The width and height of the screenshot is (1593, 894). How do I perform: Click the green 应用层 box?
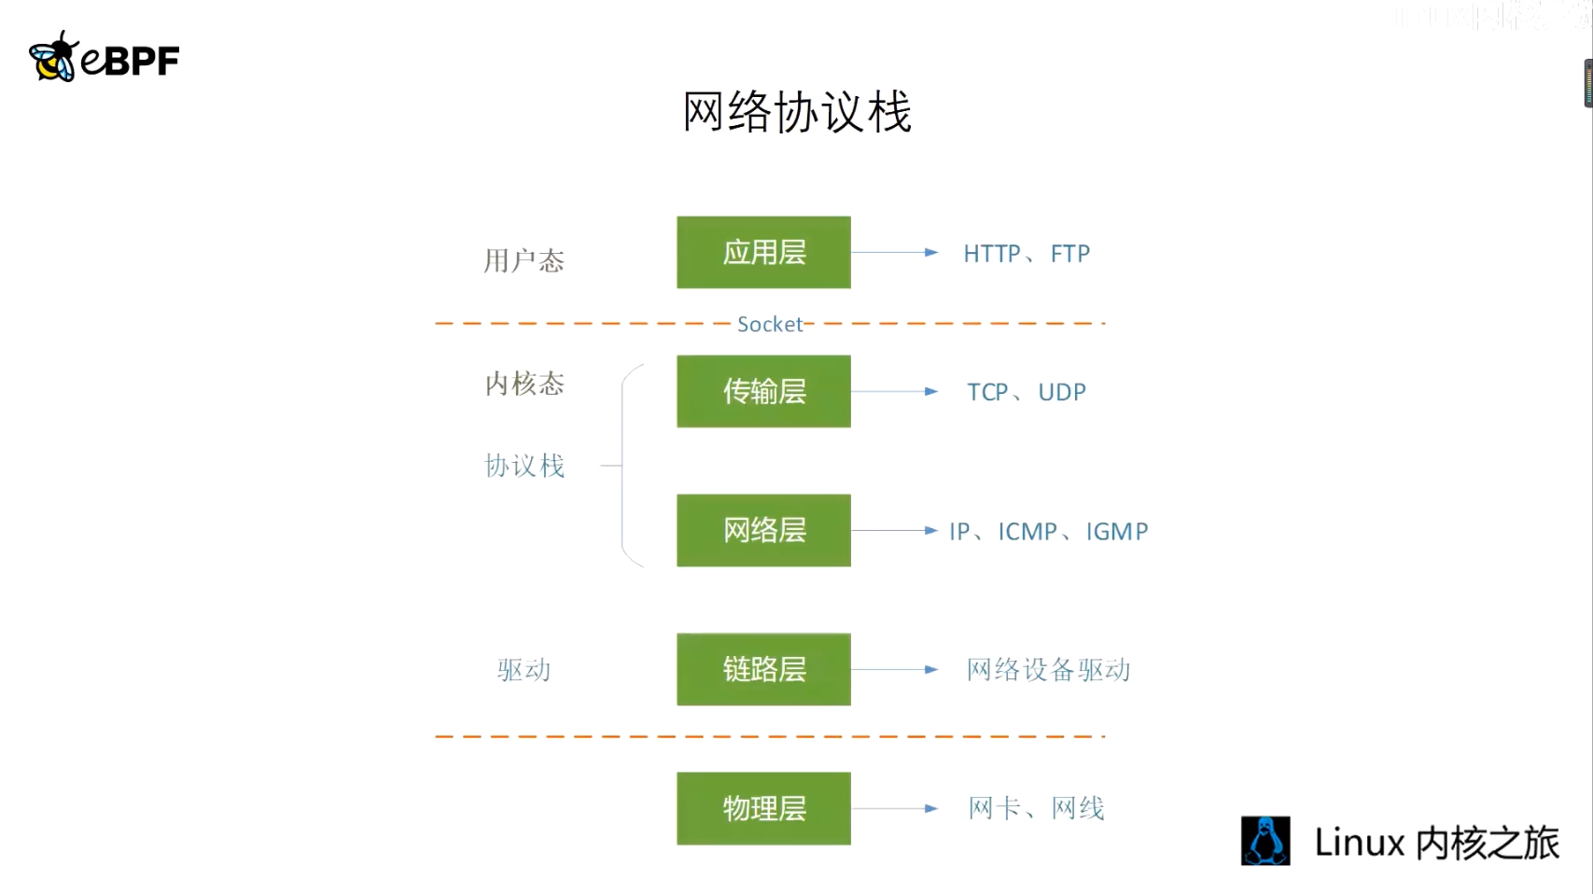[763, 252]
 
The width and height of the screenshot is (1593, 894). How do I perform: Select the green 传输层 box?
[763, 391]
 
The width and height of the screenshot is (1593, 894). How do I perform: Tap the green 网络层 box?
[763, 530]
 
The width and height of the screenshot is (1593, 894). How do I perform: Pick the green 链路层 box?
[763, 669]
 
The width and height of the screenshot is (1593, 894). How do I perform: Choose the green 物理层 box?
[763, 808]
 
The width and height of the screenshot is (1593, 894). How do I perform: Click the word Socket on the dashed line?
[769, 324]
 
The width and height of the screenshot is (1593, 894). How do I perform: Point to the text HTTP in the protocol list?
[991, 254]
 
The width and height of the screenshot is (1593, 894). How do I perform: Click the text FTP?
[1069, 254]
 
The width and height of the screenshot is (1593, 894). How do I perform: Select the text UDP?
[1062, 392]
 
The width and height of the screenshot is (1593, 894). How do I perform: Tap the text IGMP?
[1116, 532]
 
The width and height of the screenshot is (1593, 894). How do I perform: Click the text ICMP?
[1027, 532]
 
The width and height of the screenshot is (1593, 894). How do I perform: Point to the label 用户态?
[524, 260]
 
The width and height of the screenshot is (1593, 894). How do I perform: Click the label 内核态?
[524, 384]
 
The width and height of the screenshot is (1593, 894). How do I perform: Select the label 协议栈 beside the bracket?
[524, 466]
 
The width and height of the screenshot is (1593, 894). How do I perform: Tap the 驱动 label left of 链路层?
[524, 670]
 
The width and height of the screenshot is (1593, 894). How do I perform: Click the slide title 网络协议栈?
[797, 112]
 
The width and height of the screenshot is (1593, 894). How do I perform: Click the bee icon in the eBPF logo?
[52, 58]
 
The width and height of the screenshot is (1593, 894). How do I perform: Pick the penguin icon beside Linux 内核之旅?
[1265, 841]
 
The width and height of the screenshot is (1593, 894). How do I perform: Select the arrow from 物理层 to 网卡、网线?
[894, 808]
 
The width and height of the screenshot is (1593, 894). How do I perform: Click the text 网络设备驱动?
[1048, 670]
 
